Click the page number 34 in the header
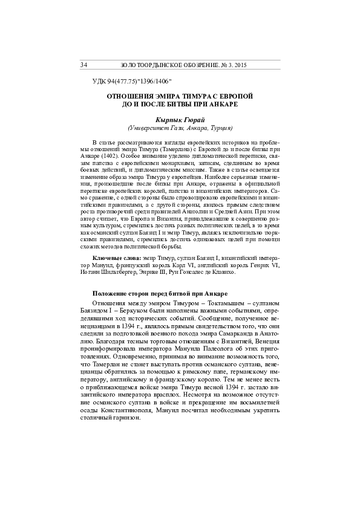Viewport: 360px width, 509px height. click(83, 64)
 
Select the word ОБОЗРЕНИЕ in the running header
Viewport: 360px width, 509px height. click(191, 64)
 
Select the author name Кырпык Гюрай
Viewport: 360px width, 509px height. click(179, 120)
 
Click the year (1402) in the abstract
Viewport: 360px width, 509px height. click(116, 155)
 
